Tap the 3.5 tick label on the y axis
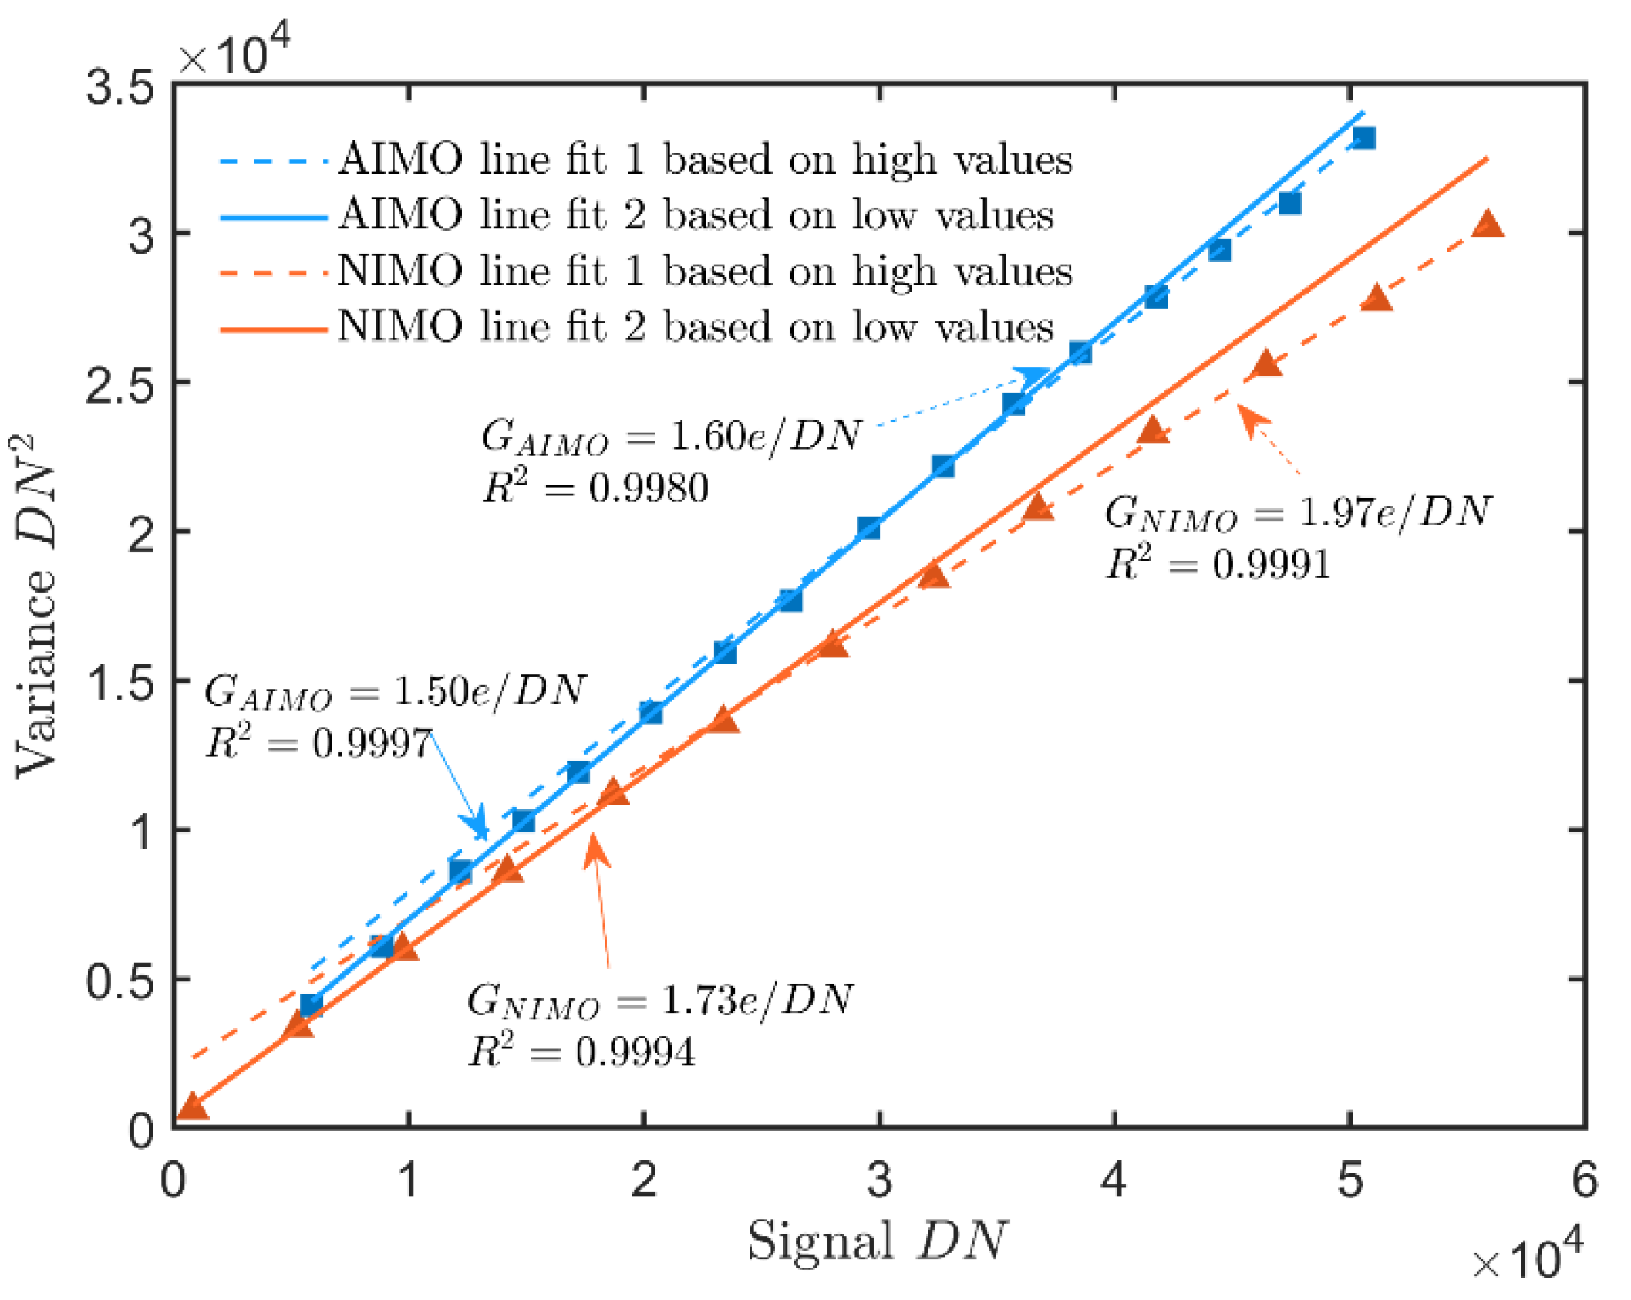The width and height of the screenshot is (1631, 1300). coord(120,86)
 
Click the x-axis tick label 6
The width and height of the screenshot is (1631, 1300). coord(1584,1180)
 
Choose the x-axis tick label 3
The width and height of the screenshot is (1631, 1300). coord(878,1180)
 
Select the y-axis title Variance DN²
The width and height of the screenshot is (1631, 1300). coord(36,606)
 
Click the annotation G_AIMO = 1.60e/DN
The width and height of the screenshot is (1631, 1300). coord(669,437)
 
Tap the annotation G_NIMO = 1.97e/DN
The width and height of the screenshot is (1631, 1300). coord(1297,512)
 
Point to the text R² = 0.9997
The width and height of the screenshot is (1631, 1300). coord(318,744)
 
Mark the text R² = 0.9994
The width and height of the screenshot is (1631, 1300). coord(581,1052)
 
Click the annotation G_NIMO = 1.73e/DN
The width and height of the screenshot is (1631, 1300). coord(659,1001)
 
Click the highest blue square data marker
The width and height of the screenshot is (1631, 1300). coord(1363,139)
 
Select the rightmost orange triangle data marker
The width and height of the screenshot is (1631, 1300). coord(1487,225)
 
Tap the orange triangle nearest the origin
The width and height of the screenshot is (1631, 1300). coord(192,1106)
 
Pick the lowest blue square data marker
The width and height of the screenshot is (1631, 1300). coord(311,1005)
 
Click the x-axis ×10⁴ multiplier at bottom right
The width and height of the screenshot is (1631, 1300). coord(1527,1261)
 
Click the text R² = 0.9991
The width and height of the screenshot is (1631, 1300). coord(1218,564)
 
